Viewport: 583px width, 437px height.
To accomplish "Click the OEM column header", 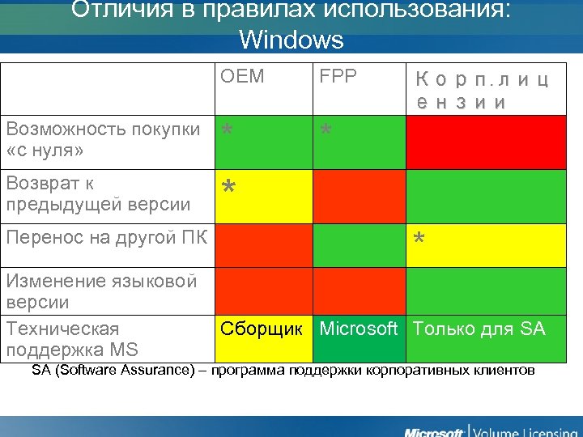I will [242, 77].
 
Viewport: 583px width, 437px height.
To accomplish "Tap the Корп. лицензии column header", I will [483, 91].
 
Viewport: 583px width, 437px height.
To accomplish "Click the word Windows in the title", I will [291, 39].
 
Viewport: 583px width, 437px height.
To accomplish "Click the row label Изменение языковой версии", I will [102, 291].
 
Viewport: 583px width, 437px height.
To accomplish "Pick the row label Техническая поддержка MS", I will [73, 339].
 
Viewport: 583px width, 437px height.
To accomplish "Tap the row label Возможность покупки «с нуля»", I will [103, 140].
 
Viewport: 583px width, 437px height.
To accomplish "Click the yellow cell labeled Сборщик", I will [262, 329].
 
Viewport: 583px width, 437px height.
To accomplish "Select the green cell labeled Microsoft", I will [359, 329].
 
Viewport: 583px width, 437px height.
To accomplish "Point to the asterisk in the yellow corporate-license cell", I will [419, 240].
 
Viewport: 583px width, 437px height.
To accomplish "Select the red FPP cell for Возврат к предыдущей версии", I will [359, 196].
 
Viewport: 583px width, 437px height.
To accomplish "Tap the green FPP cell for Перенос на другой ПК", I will [359, 245].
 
